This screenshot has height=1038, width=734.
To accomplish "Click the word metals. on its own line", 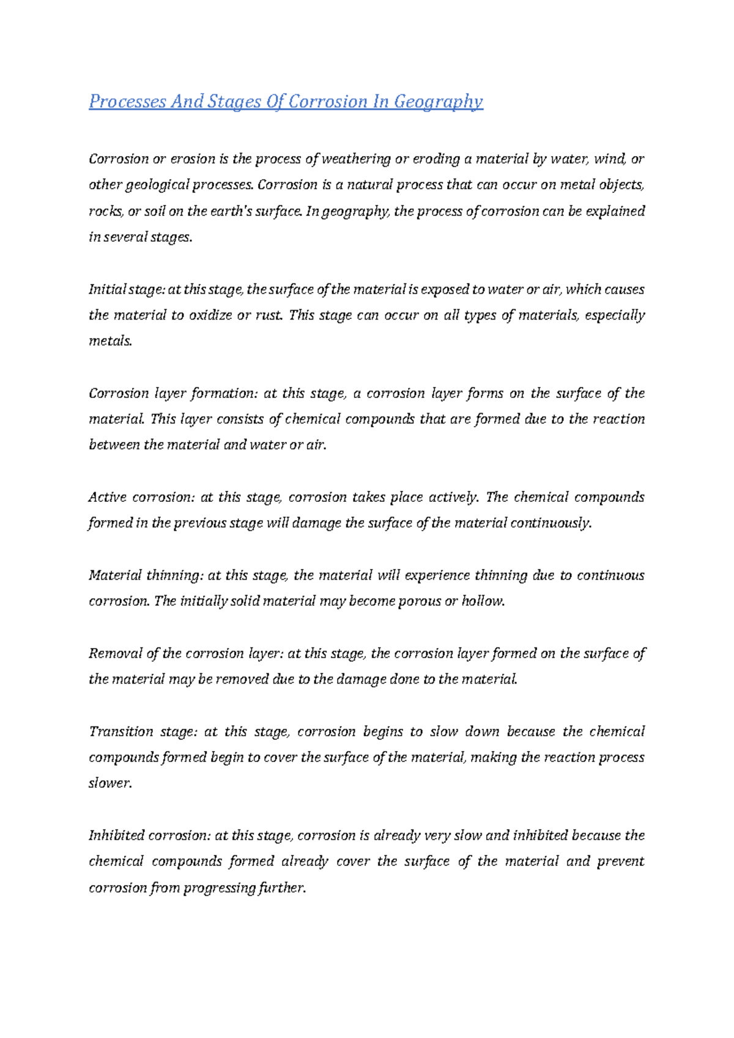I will point(111,342).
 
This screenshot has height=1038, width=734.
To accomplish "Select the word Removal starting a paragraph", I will point(114,654).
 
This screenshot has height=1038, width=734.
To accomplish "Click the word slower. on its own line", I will point(110,783).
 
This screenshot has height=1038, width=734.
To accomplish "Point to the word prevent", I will point(620,862).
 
